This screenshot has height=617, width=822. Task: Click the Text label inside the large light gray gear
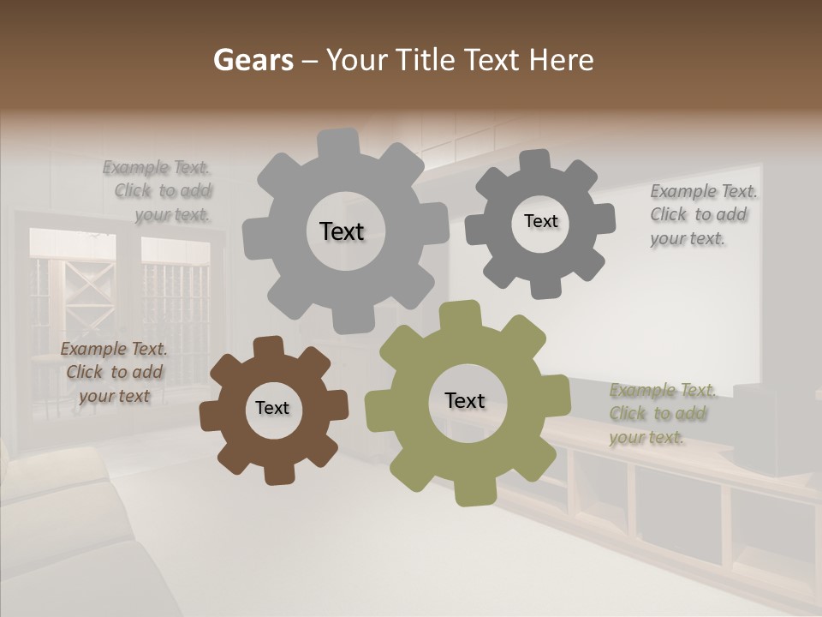pos(342,231)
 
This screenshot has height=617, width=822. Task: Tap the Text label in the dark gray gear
pos(540,221)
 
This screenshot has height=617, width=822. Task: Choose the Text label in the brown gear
pos(272,408)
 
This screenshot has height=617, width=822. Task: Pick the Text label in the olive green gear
pos(465,400)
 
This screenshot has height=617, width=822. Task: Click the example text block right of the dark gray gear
pos(702,214)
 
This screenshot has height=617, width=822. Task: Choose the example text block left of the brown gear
pos(114,372)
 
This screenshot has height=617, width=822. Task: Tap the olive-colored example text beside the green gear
pos(661,414)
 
